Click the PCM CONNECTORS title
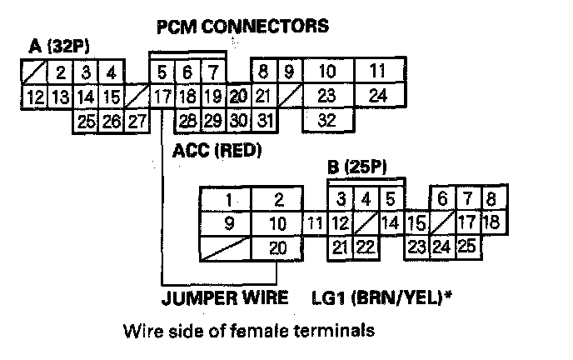(x=242, y=27)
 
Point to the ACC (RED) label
(x=217, y=151)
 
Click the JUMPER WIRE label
(x=225, y=297)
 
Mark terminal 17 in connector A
(x=162, y=96)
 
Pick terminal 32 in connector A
(x=326, y=119)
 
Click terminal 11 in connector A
(x=377, y=71)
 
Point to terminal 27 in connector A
(x=136, y=121)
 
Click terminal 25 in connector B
(x=466, y=247)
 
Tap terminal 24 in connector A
(x=377, y=95)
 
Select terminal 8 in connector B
(x=491, y=200)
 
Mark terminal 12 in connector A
(x=35, y=96)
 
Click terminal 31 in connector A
(x=265, y=120)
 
